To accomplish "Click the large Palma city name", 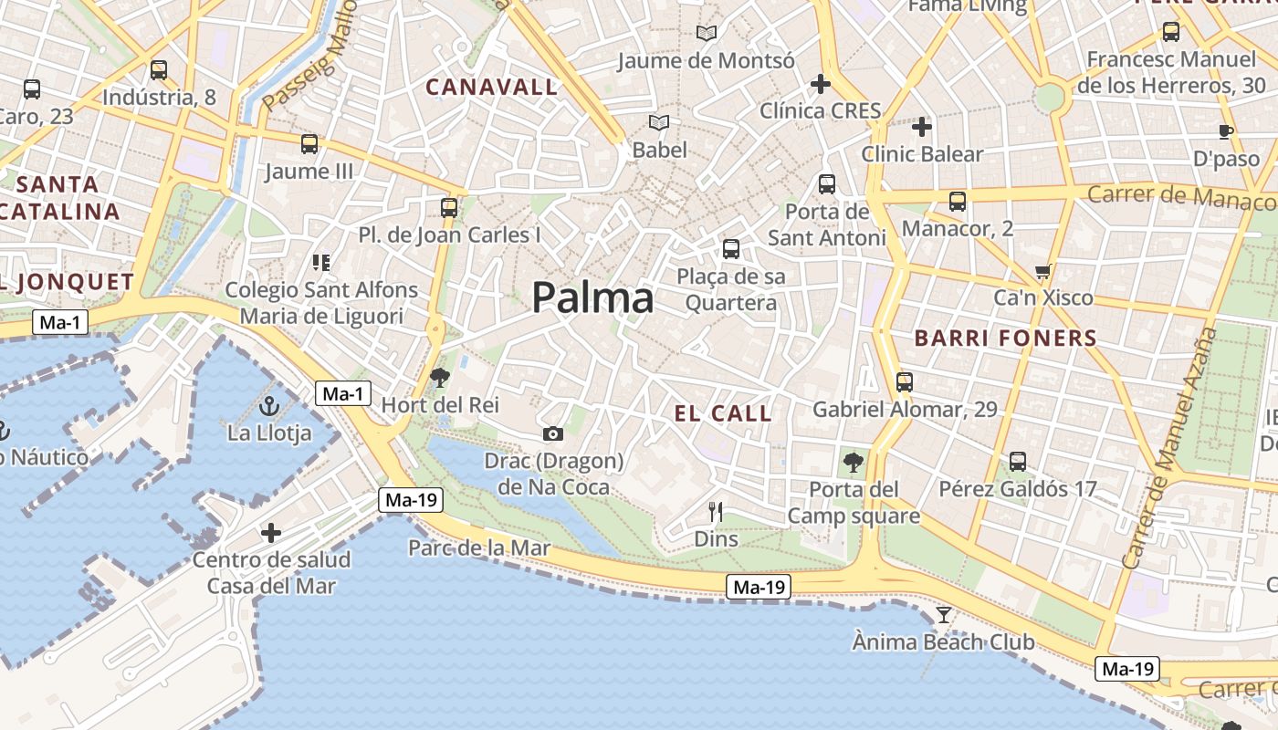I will click(x=592, y=298).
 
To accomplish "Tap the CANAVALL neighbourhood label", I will click(x=491, y=88).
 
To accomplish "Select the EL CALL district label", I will click(x=723, y=413).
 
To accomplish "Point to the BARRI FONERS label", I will click(x=1005, y=339).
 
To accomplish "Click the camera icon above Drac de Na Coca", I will click(x=552, y=433).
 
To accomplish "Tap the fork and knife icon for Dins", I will click(x=716, y=512).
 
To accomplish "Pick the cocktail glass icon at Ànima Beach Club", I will click(x=944, y=615).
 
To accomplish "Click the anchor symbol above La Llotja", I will click(x=268, y=406).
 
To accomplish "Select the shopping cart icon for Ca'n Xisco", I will click(x=1043, y=271).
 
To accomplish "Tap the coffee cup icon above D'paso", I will click(x=1226, y=131).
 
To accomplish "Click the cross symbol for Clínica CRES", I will click(x=820, y=84).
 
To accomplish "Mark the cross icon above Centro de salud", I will click(x=271, y=532).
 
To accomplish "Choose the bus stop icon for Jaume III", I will click(x=309, y=143).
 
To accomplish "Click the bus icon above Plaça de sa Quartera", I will click(x=730, y=248).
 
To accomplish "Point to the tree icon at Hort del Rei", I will click(x=440, y=377).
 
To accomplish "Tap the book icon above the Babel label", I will click(x=658, y=122).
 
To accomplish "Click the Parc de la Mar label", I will click(x=479, y=548).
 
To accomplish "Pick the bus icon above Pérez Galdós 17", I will click(x=1018, y=462).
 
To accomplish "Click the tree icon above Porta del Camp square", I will click(x=854, y=462).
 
